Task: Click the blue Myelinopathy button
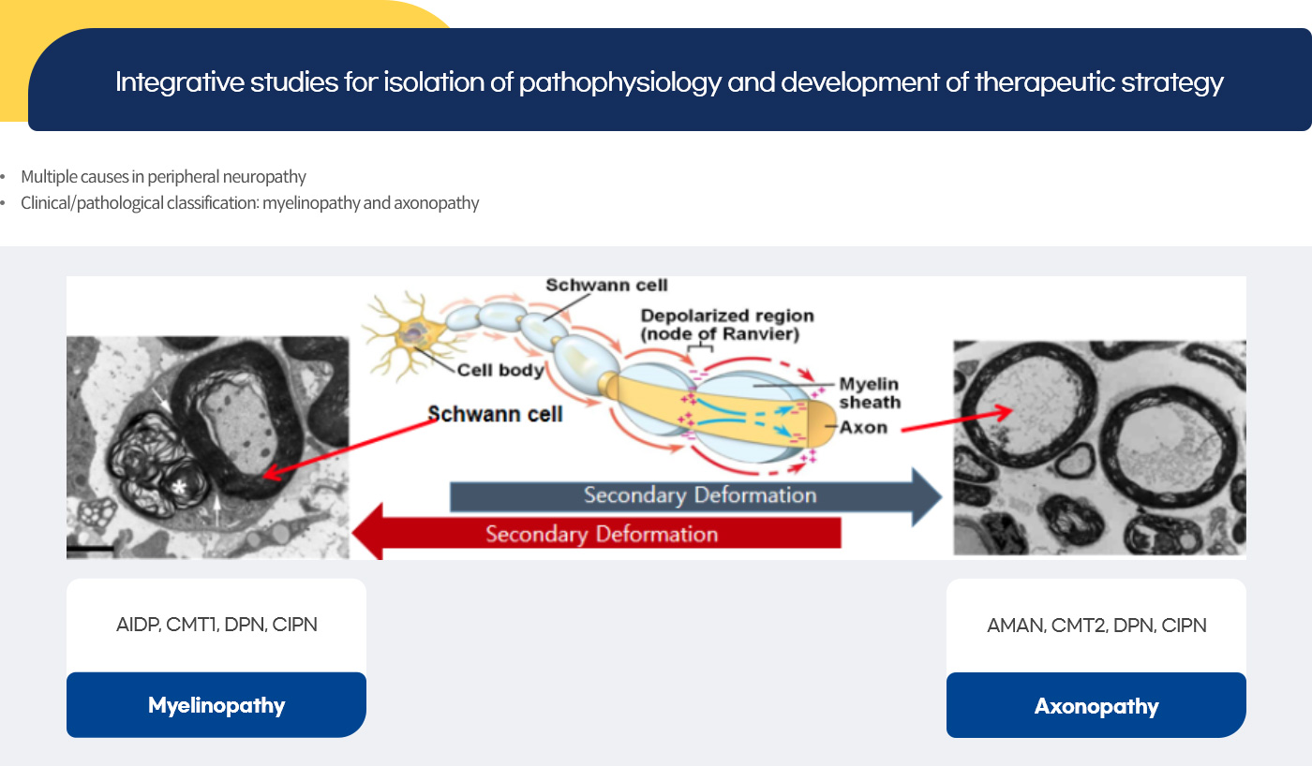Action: (x=216, y=704)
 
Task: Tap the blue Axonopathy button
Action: (x=1096, y=705)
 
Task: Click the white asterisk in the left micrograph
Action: (x=179, y=486)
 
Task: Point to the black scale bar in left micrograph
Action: (x=90, y=549)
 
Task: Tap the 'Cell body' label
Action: (x=500, y=371)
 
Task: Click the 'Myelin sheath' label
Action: (x=870, y=392)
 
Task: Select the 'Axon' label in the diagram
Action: (x=863, y=427)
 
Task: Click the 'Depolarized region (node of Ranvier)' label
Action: (x=727, y=324)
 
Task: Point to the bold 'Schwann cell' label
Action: (x=495, y=414)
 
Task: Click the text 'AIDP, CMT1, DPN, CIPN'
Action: (x=216, y=625)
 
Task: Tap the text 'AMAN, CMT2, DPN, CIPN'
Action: (x=1096, y=625)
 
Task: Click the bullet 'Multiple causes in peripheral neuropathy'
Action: (x=163, y=176)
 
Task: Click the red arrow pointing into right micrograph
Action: (x=957, y=420)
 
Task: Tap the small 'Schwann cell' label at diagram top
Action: (x=606, y=285)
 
